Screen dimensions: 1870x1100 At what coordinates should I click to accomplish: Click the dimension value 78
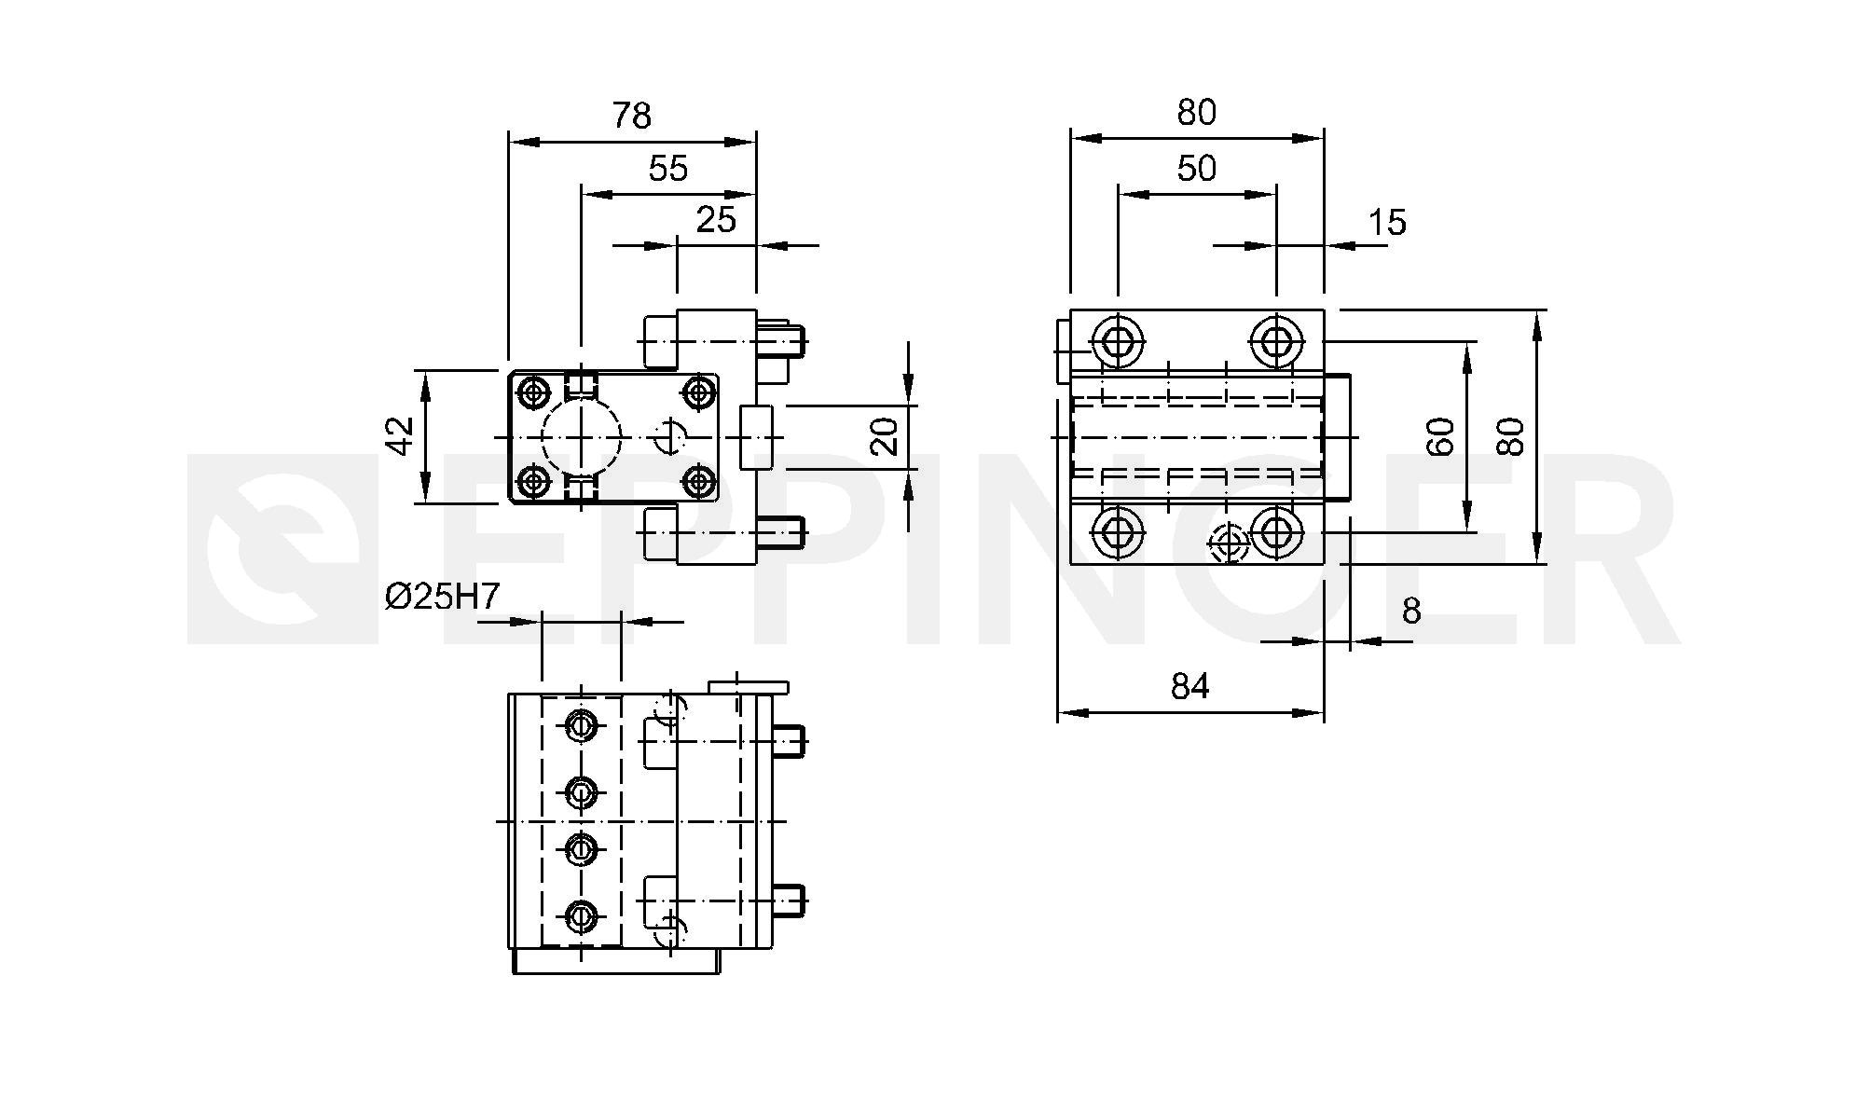(x=631, y=116)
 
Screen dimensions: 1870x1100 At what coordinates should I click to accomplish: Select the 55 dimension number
(x=668, y=169)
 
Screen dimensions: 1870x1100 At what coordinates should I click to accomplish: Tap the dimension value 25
(x=716, y=220)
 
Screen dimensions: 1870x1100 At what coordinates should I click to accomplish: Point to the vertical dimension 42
(x=401, y=435)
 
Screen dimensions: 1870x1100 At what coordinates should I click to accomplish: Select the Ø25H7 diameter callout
(x=443, y=597)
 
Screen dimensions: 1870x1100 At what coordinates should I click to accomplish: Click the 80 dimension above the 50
(x=1197, y=113)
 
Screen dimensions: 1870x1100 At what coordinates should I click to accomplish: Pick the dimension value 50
(x=1197, y=169)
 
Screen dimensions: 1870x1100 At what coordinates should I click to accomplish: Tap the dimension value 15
(x=1387, y=223)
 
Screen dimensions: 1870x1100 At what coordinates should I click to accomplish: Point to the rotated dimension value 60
(x=1441, y=436)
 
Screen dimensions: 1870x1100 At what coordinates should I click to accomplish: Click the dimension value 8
(x=1411, y=612)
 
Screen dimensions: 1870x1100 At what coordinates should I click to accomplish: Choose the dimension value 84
(x=1190, y=687)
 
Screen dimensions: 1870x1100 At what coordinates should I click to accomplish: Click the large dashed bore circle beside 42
(x=543, y=436)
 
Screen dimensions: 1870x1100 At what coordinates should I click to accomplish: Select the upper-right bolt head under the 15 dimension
(x=1275, y=340)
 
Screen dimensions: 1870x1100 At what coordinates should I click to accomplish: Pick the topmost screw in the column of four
(x=582, y=723)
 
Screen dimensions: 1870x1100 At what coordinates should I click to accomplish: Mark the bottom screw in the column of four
(x=582, y=916)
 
